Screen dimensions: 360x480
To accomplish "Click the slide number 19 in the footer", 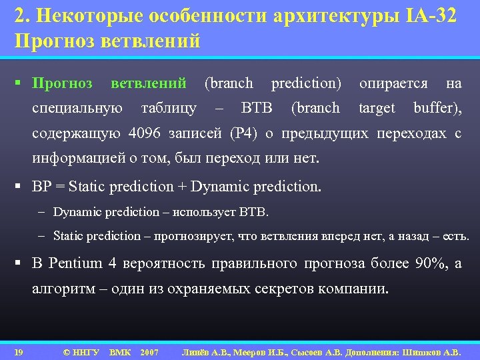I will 19,351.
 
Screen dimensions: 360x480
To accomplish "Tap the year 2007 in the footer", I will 149,351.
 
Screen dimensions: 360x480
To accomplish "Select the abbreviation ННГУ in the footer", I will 87,351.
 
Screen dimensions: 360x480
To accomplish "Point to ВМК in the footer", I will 120,351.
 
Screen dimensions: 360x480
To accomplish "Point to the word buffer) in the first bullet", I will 437,108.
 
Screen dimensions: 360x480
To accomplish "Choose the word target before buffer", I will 377,108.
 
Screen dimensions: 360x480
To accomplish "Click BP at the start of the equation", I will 41,186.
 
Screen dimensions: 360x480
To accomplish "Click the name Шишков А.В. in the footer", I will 436,351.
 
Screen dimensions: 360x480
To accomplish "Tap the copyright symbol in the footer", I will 66,351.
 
